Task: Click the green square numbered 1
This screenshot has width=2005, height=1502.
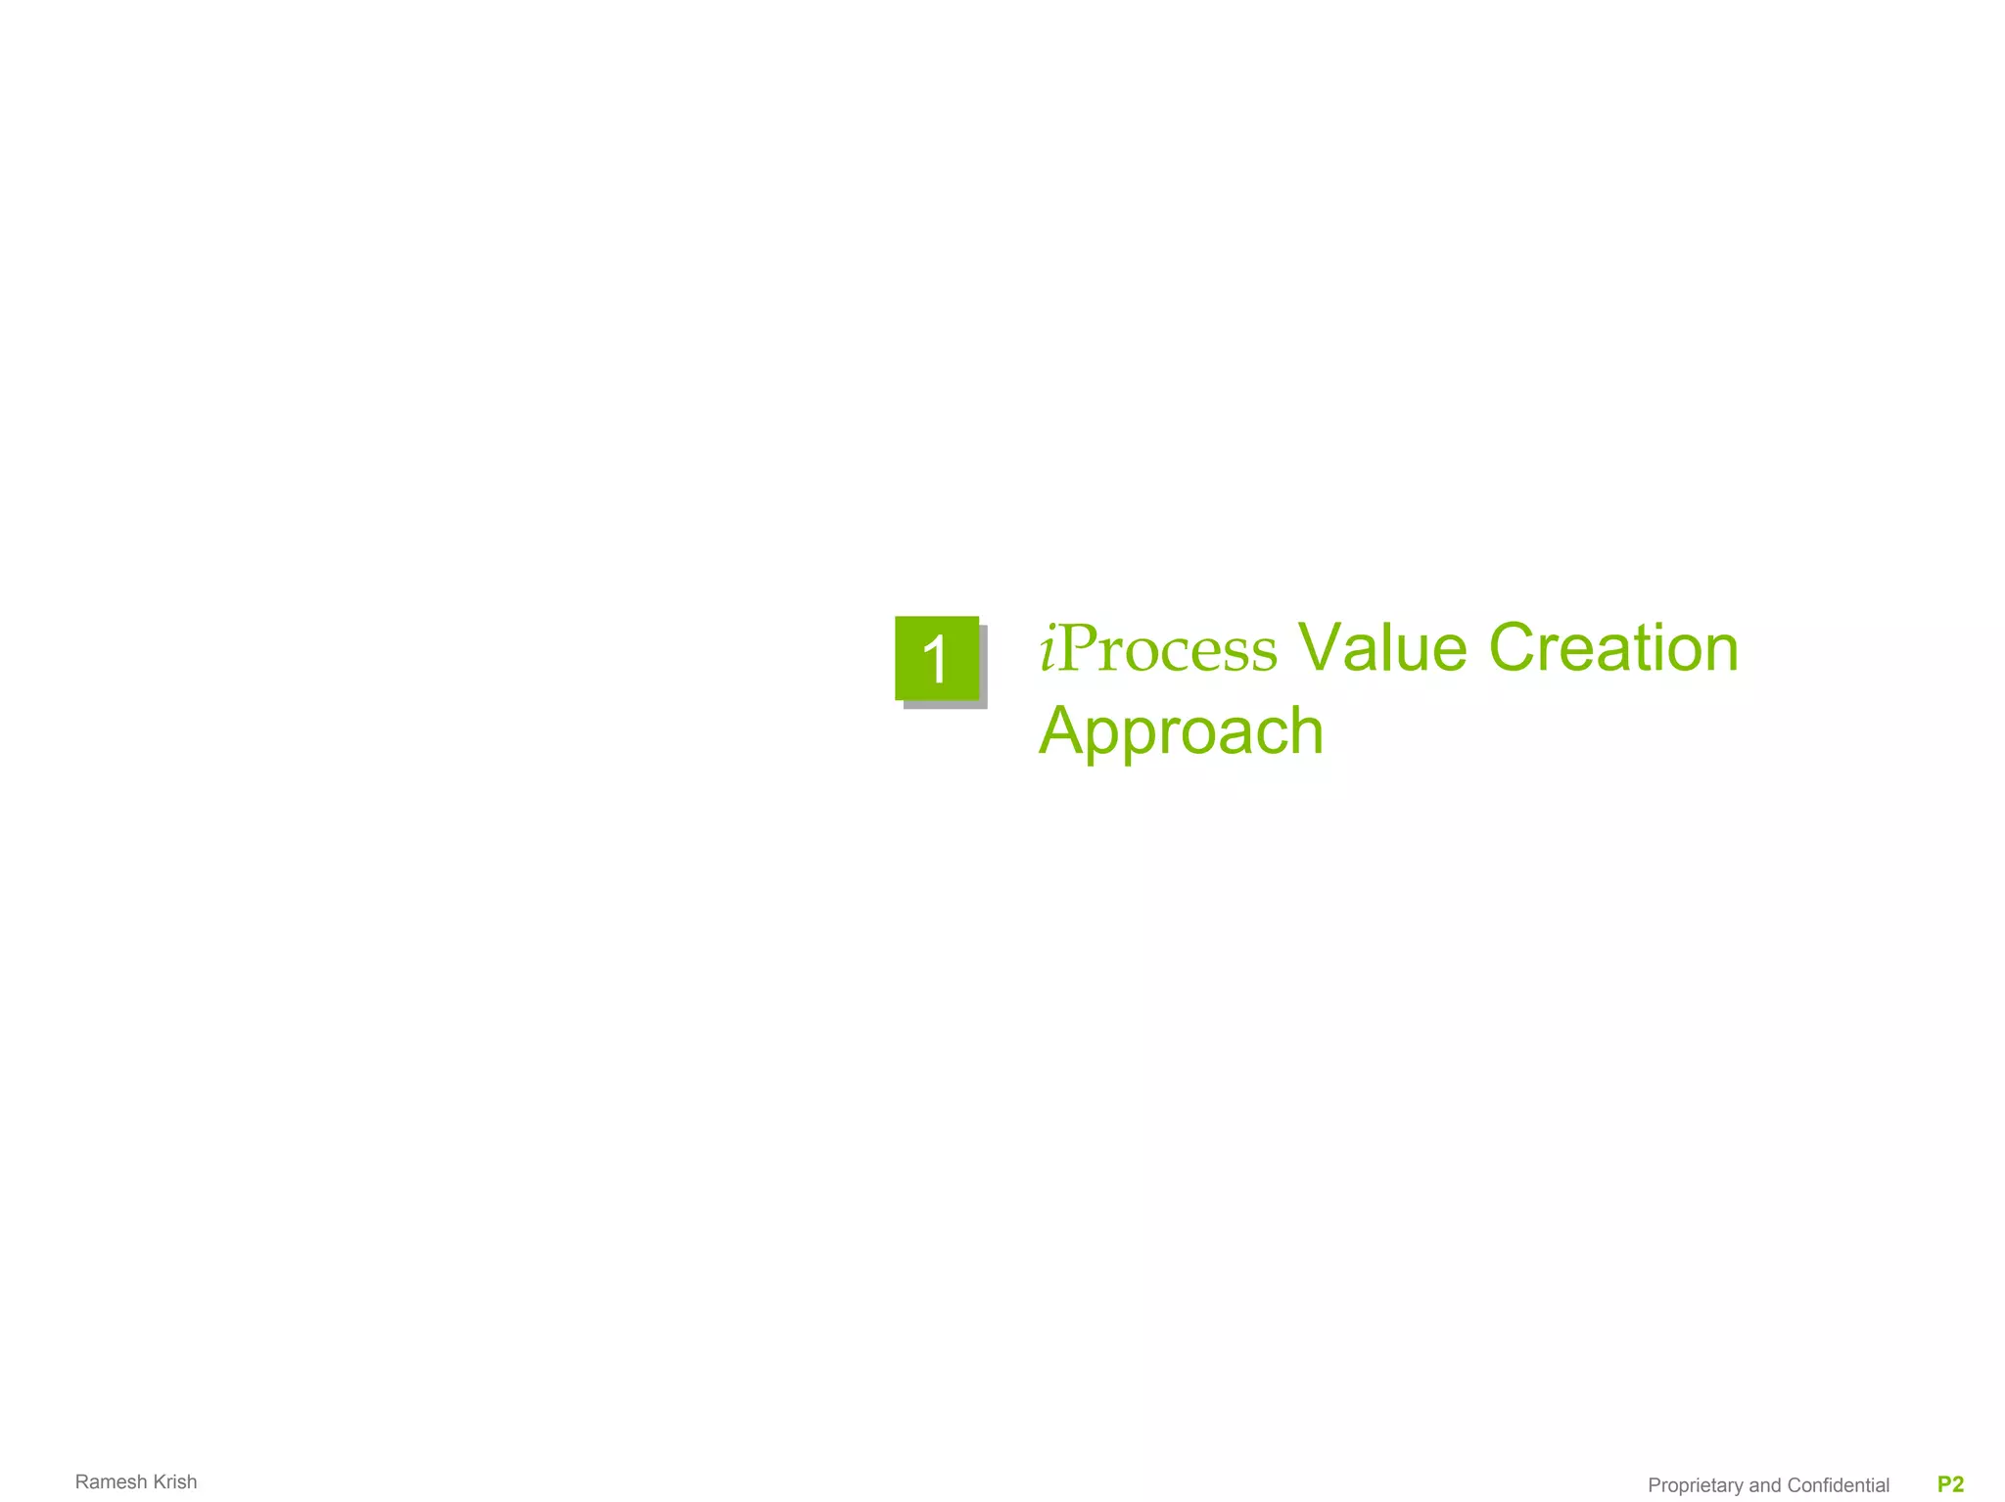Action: tap(937, 658)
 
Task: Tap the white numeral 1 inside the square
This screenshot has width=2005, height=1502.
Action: tap(936, 659)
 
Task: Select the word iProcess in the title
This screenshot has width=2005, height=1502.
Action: tap(1158, 649)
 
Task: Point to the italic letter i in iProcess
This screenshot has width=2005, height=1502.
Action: tap(1048, 648)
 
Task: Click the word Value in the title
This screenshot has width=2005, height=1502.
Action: tap(1381, 648)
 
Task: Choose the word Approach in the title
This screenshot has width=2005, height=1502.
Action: tap(1181, 731)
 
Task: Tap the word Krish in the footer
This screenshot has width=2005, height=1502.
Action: tap(175, 1481)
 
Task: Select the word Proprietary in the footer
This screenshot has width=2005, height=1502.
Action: tap(1696, 1485)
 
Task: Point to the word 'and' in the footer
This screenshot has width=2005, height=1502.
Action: tap(1765, 1485)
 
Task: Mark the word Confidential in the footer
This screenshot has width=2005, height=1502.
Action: tap(1838, 1485)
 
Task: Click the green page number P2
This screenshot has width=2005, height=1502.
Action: tap(1950, 1484)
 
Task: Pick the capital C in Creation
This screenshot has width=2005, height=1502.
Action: tap(1514, 648)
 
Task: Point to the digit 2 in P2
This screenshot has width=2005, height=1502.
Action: tap(1957, 1484)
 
